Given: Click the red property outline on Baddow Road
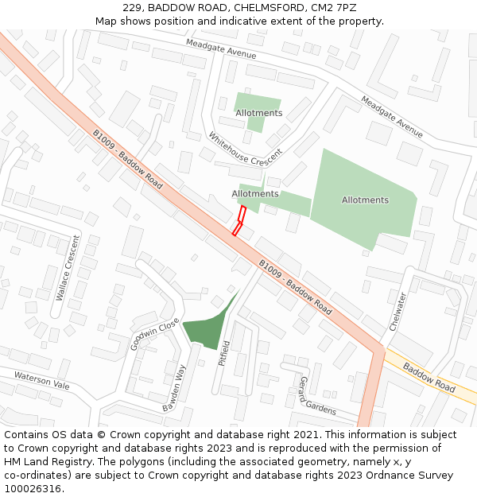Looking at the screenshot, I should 239,220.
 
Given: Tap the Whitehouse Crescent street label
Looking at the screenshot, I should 245,148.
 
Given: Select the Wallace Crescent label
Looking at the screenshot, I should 68,267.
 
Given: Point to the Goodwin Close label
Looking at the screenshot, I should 155,335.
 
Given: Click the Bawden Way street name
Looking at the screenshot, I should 174,387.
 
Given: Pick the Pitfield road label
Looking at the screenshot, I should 224,352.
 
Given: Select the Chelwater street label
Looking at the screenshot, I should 397,312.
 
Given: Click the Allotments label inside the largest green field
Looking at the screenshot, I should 365,200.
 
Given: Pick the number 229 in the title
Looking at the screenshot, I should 133,8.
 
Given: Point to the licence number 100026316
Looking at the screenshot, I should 33,488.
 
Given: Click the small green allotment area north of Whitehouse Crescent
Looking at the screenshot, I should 256,109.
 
